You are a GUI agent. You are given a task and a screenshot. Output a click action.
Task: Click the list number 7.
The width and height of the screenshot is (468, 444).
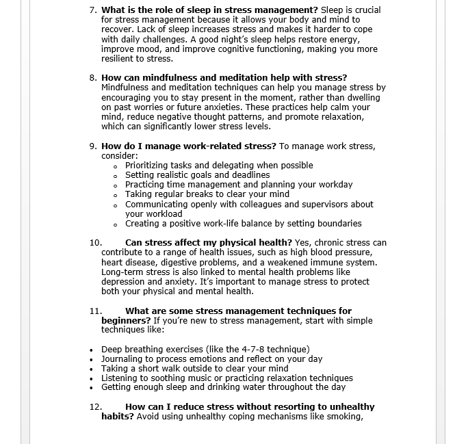click(93, 10)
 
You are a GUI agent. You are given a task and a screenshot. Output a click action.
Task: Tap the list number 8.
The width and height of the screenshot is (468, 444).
click(93, 78)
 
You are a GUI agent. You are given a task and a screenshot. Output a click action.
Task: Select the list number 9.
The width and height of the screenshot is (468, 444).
click(93, 146)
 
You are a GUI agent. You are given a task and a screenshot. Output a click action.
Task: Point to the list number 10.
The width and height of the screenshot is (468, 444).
click(95, 243)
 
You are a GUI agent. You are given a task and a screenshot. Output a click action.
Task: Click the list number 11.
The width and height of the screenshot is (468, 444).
click(95, 311)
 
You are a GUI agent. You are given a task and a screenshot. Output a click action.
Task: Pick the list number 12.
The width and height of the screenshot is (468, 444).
click(95, 406)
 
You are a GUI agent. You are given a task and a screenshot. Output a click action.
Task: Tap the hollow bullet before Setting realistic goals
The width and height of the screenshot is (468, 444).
click(116, 176)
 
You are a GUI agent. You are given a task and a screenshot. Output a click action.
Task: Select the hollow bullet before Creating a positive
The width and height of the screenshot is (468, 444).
click(116, 224)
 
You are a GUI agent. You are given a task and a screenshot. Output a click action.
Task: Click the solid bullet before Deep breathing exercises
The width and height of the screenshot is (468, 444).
click(92, 350)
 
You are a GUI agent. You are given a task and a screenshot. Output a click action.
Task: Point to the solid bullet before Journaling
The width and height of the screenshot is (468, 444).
click(92, 359)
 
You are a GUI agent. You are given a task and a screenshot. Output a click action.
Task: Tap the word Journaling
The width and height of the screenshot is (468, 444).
click(122, 359)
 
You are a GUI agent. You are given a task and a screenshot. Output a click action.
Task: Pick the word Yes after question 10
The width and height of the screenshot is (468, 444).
click(302, 243)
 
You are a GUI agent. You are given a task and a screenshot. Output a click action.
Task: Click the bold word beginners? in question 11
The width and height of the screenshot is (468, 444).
click(126, 320)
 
